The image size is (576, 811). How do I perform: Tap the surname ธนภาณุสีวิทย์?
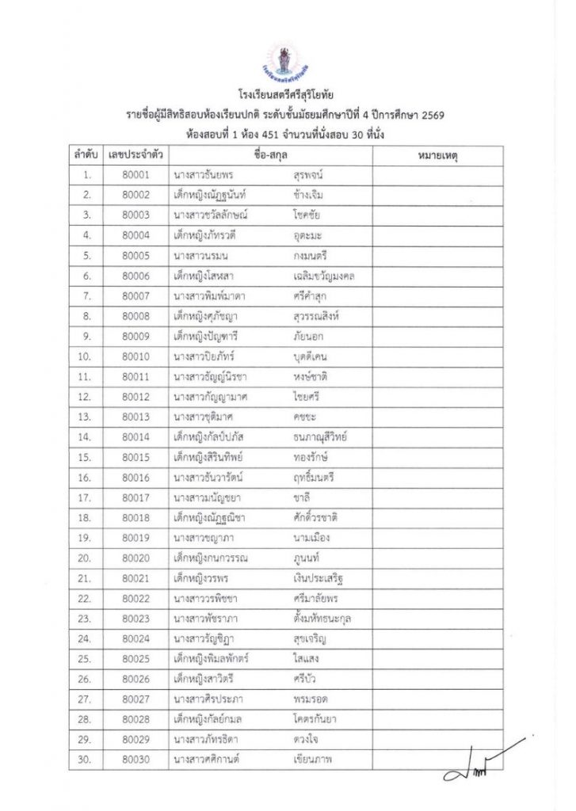320,437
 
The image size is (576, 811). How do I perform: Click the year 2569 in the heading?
429,116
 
